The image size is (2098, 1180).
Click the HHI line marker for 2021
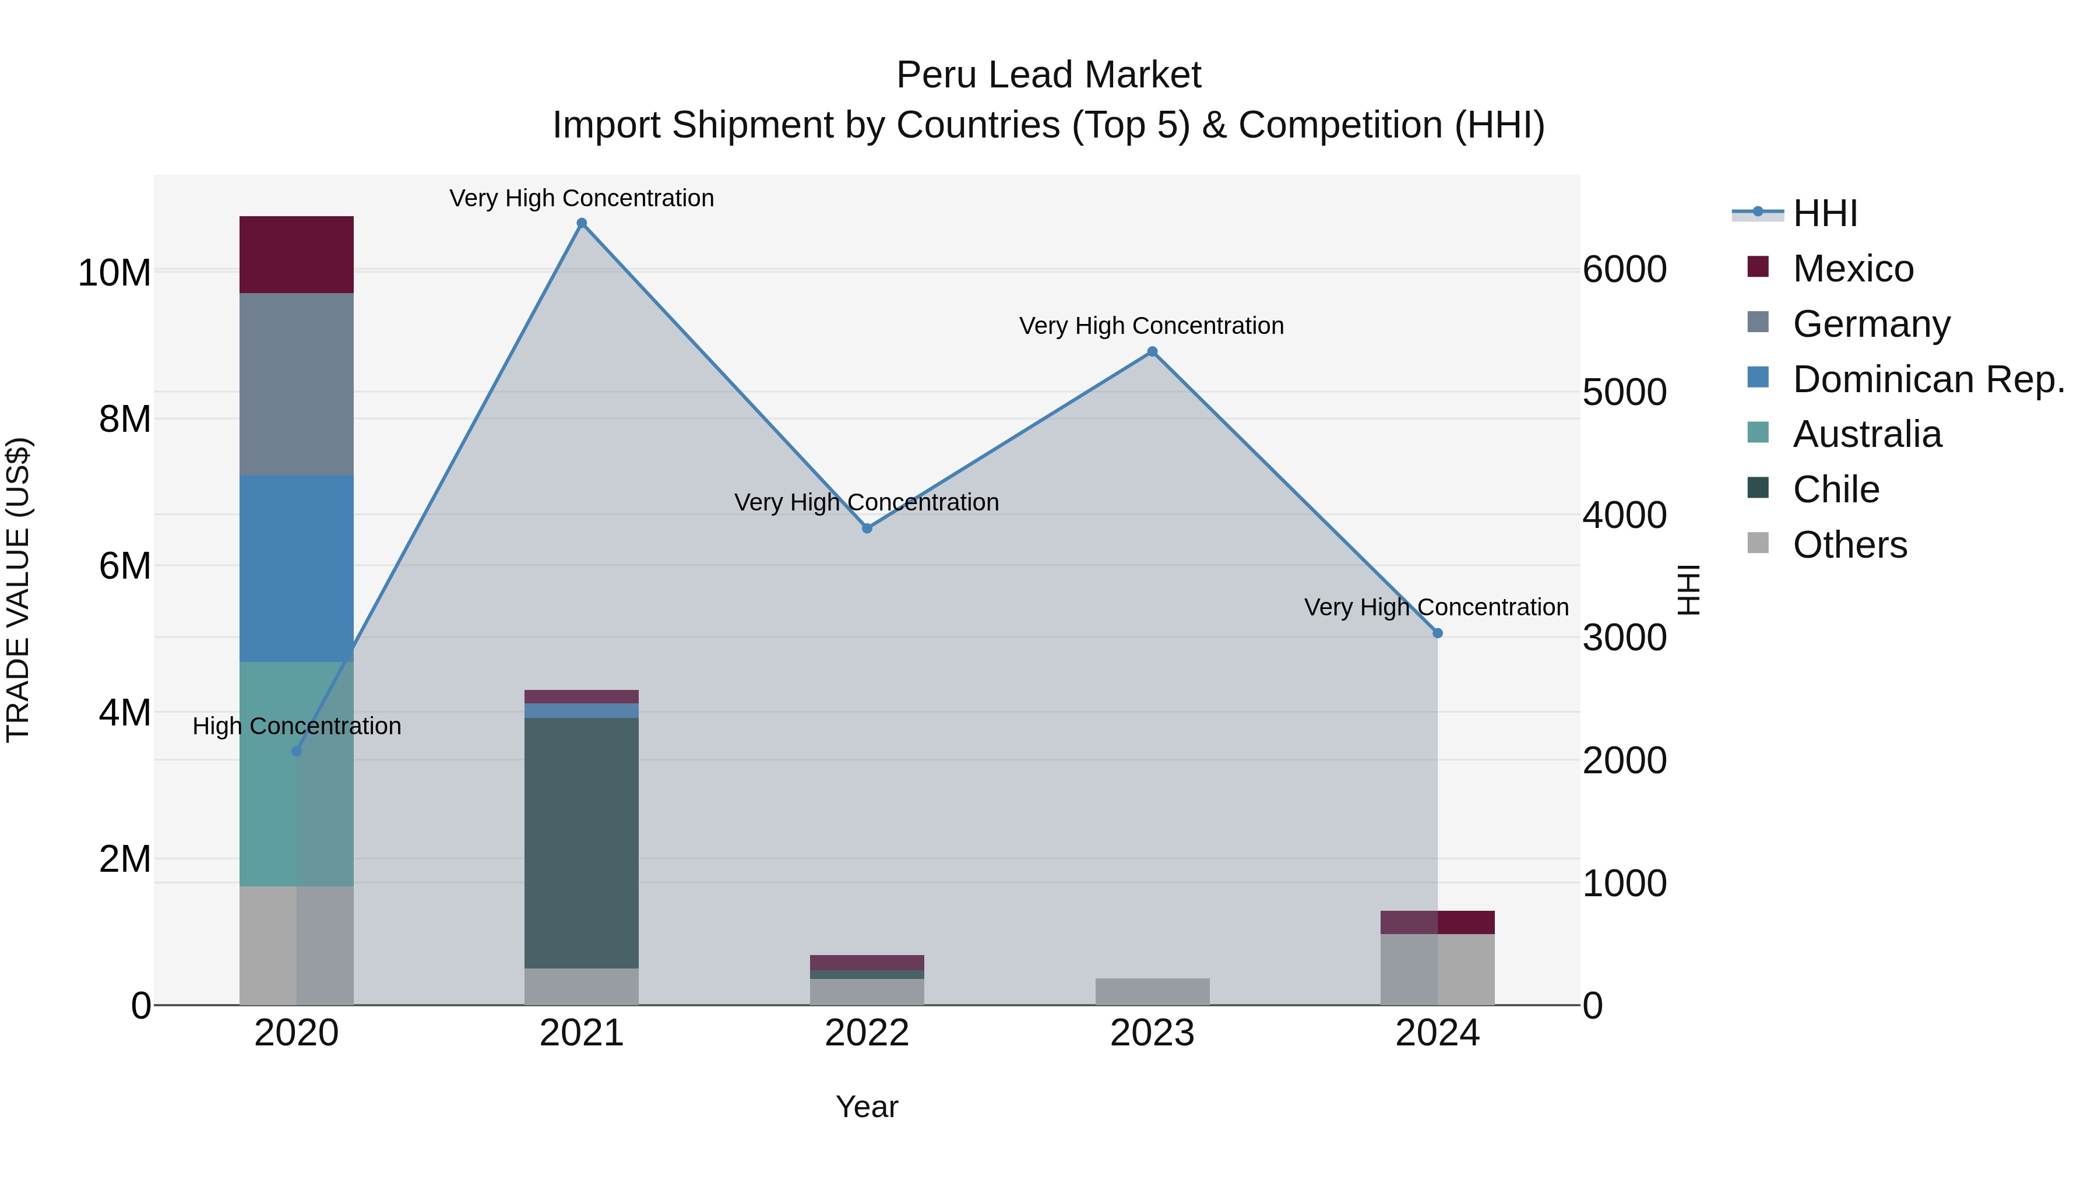click(582, 223)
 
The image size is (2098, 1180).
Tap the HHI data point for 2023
click(1152, 352)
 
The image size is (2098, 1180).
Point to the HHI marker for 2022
click(867, 529)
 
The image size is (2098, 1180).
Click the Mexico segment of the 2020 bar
click(297, 255)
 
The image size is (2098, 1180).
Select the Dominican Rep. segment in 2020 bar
click(297, 568)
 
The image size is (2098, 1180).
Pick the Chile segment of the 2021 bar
click(582, 842)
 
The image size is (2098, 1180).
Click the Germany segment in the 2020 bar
click(297, 385)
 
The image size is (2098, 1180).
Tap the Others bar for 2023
click(1152, 991)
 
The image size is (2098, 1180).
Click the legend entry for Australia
click(1867, 434)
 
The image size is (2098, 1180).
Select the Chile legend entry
click(1836, 489)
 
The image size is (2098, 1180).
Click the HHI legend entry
click(1824, 213)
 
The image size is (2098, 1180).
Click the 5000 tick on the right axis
click(1624, 393)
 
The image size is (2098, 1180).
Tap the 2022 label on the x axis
click(867, 1033)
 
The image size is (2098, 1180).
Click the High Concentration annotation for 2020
click(297, 725)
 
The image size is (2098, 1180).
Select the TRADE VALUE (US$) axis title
click(18, 590)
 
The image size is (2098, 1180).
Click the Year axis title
click(867, 1107)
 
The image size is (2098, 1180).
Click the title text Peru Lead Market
click(1048, 75)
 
